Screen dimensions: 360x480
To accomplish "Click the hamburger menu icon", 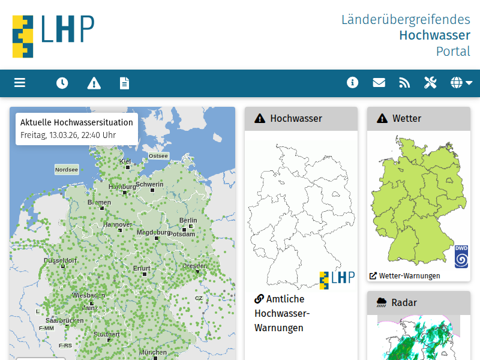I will click(x=20, y=83).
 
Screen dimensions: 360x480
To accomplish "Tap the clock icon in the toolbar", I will click(x=62, y=83).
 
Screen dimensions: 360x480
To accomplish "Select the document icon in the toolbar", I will click(x=124, y=83).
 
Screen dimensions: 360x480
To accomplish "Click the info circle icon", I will click(x=352, y=82).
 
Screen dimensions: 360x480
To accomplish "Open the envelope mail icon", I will click(x=379, y=83).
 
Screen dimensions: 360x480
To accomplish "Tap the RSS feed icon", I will click(x=404, y=83).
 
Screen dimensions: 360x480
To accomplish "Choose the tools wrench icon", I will click(x=430, y=83).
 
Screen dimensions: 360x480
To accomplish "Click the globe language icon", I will click(x=461, y=83).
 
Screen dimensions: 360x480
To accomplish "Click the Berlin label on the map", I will click(x=188, y=220).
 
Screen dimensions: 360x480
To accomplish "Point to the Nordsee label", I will click(x=67, y=170).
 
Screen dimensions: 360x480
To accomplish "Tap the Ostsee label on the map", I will click(x=158, y=156).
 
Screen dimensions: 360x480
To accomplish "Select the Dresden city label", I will click(x=195, y=266).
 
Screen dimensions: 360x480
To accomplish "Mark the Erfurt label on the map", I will click(x=142, y=268).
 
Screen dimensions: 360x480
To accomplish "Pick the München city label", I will click(x=153, y=352).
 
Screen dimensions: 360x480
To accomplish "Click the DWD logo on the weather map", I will click(x=461, y=256).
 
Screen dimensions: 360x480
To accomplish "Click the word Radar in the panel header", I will click(x=404, y=302).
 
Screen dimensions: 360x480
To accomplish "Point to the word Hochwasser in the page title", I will click(x=434, y=35).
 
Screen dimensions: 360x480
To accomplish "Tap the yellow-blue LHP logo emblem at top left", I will click(x=23, y=36).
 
